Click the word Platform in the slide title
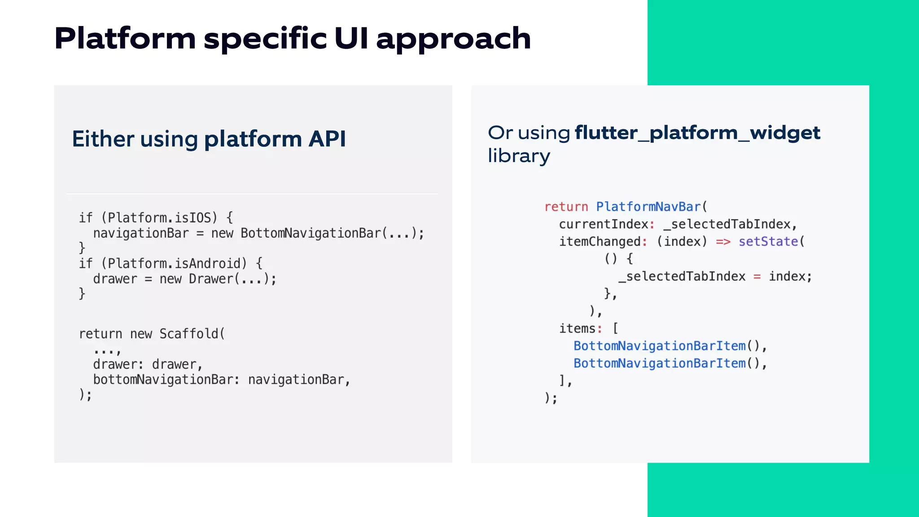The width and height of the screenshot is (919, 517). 125,39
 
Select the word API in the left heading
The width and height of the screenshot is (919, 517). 327,139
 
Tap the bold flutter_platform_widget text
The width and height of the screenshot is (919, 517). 697,133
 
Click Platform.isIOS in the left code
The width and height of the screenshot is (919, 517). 159,218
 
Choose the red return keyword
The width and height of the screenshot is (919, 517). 566,207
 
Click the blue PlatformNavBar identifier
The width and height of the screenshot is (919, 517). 648,207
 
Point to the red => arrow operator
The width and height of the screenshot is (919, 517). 723,242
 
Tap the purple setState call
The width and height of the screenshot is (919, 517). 768,242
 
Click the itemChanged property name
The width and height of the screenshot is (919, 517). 600,242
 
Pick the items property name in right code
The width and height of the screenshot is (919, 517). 577,329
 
